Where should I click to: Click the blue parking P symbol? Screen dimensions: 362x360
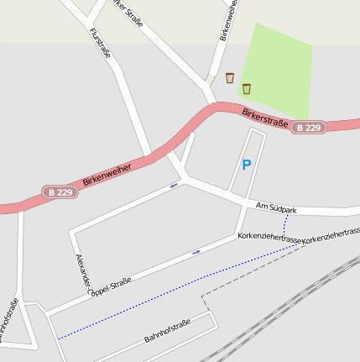(246, 165)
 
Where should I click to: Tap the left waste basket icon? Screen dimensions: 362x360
(229, 78)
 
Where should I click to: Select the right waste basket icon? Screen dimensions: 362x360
(247, 88)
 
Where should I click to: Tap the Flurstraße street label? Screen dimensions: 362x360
(100, 47)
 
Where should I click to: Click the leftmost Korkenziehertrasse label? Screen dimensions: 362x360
(270, 239)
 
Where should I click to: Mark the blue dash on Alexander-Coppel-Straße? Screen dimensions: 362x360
(196, 251)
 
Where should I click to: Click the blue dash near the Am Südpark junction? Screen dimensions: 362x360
(175, 185)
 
